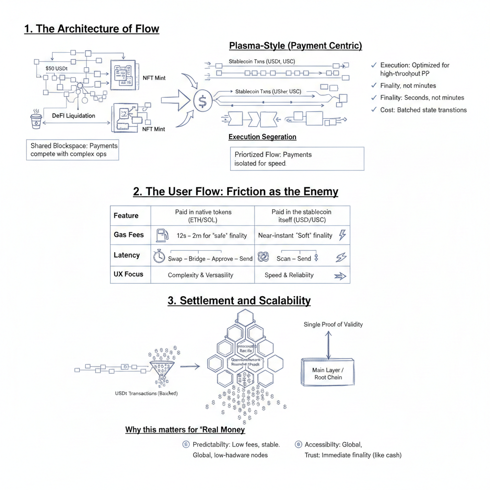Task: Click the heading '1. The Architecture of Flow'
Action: click(x=91, y=29)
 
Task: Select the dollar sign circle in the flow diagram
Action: click(x=202, y=101)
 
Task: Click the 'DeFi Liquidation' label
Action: click(x=73, y=116)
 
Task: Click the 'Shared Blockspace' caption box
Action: click(x=73, y=150)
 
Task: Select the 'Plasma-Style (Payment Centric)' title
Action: click(x=295, y=46)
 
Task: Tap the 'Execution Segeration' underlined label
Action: click(x=262, y=137)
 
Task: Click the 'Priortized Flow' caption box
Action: click(x=297, y=159)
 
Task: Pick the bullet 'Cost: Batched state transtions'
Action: click(x=423, y=110)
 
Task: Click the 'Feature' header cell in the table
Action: click(x=126, y=216)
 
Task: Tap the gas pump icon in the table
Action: click(x=162, y=235)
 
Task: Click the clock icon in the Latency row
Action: click(x=159, y=257)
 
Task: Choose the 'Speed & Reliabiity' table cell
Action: click(x=289, y=275)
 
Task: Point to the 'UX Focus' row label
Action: click(x=128, y=274)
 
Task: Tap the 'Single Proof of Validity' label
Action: click(x=333, y=324)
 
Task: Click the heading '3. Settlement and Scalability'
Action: click(x=239, y=301)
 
